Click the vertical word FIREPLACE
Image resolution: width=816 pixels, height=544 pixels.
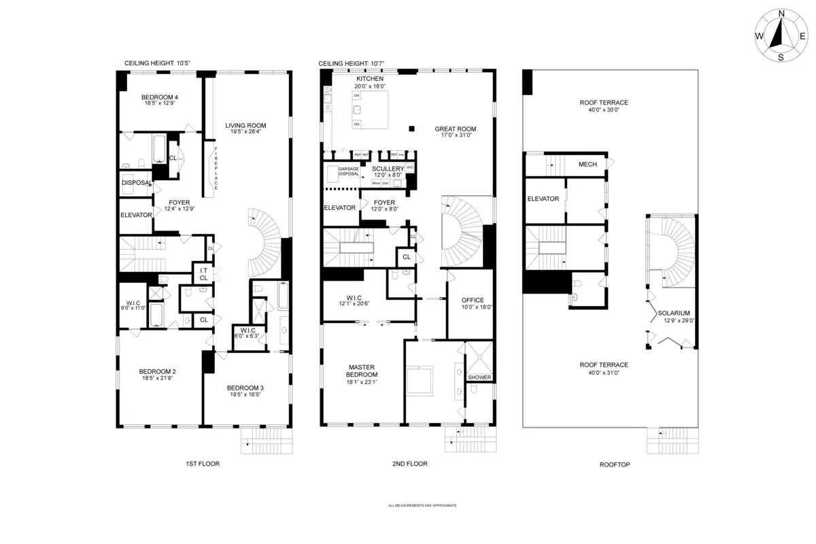coord(216,169)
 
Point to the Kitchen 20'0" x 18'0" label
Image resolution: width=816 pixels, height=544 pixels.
coord(369,82)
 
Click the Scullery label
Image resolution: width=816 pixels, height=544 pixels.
coord(388,171)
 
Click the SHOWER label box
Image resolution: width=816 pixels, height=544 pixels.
coord(479,377)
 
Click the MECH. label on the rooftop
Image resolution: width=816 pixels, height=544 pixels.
coord(588,164)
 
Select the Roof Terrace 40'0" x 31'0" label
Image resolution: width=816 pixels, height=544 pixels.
coord(604,368)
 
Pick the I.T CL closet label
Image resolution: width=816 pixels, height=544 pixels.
coord(203,273)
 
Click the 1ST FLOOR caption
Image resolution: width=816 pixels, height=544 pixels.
coord(203,464)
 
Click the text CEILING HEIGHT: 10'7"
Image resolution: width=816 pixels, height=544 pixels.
coord(352,63)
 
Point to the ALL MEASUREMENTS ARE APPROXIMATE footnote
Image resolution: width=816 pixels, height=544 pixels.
coord(422,506)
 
